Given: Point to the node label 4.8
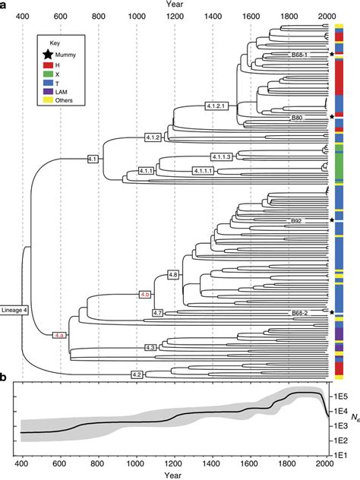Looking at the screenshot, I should click(x=172, y=273).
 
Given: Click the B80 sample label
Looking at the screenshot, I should click(x=297, y=118).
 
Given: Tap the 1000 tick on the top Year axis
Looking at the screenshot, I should click(x=137, y=16).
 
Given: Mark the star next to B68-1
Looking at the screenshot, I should click(x=333, y=55).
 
